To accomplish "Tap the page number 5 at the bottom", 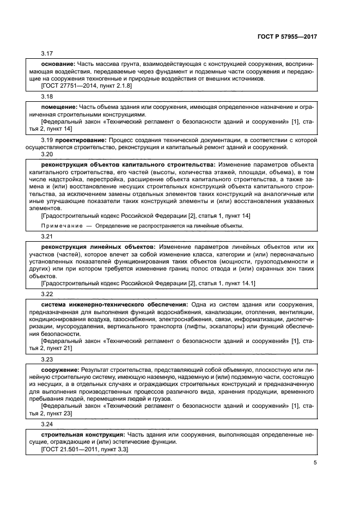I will (x=315, y=463).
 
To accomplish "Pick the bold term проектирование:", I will (x=76, y=140).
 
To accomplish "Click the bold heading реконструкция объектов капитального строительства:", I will (x=129, y=164).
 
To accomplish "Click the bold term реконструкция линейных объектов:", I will (x=99, y=247).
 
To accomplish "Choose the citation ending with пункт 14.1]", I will (x=148, y=283).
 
